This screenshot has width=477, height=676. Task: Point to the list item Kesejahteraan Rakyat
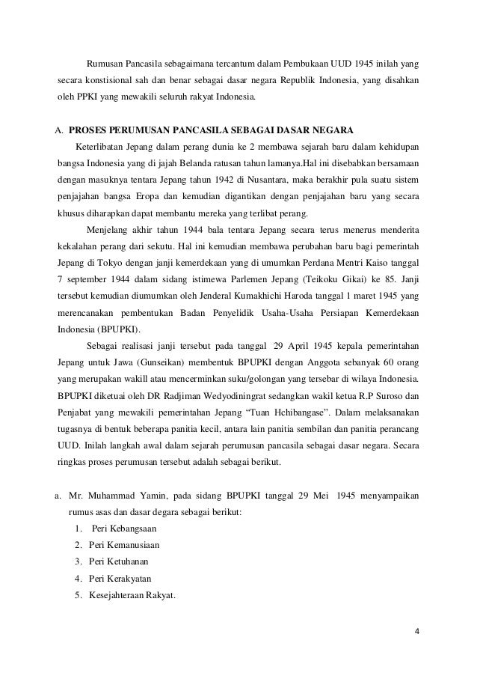130,594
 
